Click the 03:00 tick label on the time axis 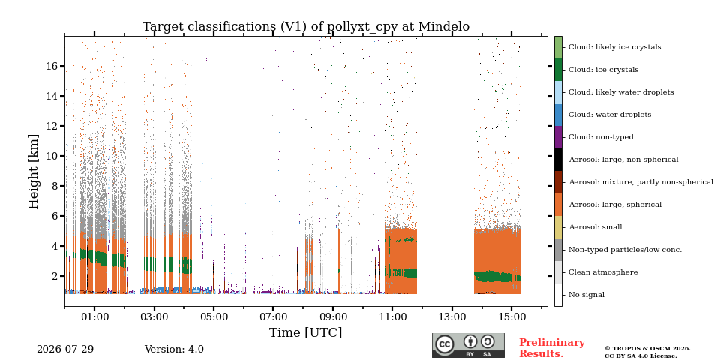[154, 317]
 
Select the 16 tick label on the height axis [52, 66]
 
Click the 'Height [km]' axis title [34, 172]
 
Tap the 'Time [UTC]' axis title [305, 332]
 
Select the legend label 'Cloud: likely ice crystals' [615, 46]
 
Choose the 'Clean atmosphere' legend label [603, 271]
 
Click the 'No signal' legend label [586, 294]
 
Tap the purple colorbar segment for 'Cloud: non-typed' [558, 137]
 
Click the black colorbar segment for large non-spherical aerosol [558, 160]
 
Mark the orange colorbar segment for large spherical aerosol [558, 205]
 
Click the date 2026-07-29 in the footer [65, 349]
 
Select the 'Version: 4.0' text [174, 349]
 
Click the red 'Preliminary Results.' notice [552, 348]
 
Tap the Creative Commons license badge [468, 345]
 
